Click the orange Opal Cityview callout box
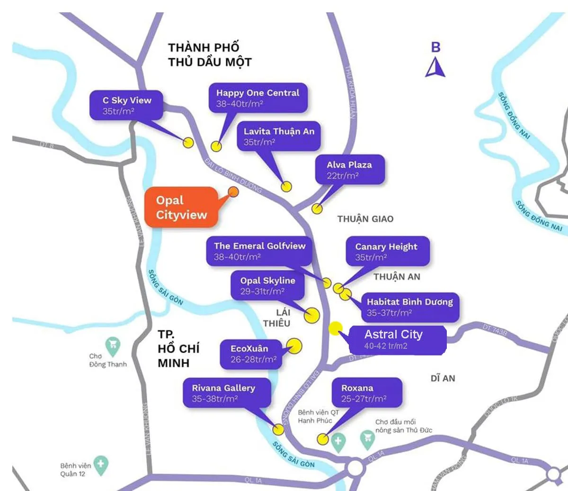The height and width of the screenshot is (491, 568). coord(181,207)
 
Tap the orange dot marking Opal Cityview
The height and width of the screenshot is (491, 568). coord(233,191)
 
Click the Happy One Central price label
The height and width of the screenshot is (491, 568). coord(258,98)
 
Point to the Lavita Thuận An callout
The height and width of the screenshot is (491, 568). coord(279,136)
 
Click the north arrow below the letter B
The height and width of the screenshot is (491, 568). coord(435,67)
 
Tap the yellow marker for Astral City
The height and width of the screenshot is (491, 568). coord(336,328)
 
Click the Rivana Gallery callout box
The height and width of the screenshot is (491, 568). coord(224,393)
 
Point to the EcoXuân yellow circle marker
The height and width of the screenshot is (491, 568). coord(294,346)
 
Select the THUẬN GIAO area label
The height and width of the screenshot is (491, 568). coord(365,219)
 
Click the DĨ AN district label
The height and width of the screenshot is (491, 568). coord(443,378)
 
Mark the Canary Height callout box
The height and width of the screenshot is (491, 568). coord(386,252)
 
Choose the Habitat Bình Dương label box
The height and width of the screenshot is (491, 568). coord(410,307)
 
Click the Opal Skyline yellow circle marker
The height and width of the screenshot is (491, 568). coord(312,315)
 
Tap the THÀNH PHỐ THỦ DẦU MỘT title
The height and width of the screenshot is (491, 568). coord(209,55)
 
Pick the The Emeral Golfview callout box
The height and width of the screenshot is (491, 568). coord(259,251)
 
